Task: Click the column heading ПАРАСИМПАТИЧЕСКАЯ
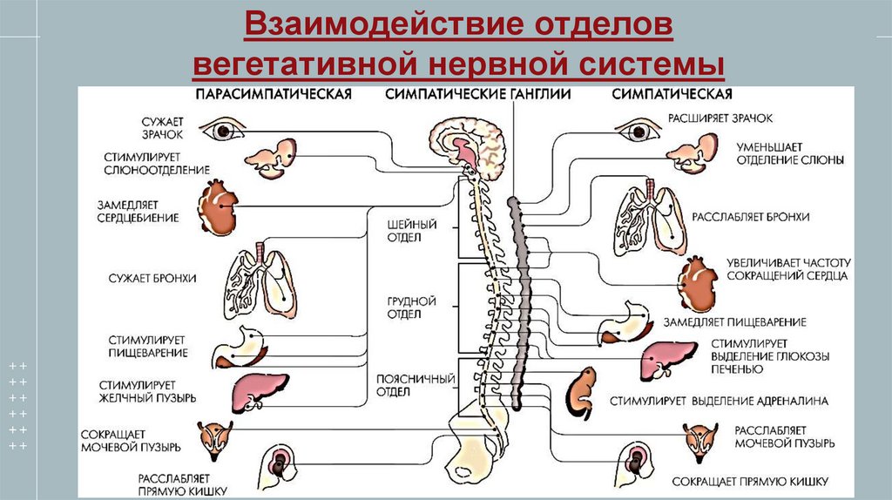pyautogui.click(x=273, y=94)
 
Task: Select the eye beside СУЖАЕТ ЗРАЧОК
pyautogui.click(x=222, y=131)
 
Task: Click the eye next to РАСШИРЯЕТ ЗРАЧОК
pyautogui.click(x=638, y=131)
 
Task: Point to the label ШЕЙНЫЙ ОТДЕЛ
pyautogui.click(x=405, y=231)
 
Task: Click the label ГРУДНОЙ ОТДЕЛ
pyautogui.click(x=405, y=307)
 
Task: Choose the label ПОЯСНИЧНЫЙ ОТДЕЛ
pyautogui.click(x=405, y=385)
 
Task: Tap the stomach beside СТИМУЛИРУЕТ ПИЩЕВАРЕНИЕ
pyautogui.click(x=241, y=347)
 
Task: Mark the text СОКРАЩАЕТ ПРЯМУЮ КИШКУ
pyautogui.click(x=748, y=481)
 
